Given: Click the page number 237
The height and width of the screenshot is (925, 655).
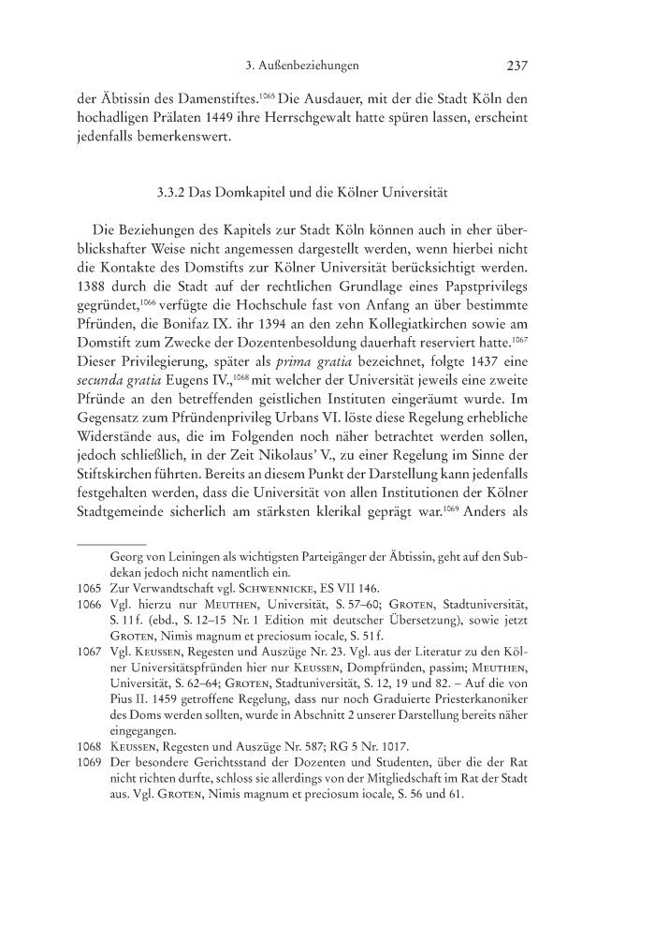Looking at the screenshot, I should point(518,66).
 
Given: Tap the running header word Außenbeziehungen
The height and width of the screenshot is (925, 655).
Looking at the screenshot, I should point(311,66).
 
